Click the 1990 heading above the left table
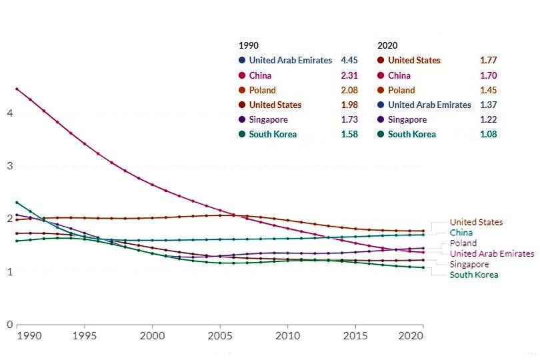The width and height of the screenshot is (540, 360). pyautogui.click(x=248, y=45)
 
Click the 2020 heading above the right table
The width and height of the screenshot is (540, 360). pyautogui.click(x=387, y=45)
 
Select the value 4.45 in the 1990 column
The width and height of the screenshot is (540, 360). pyautogui.click(x=349, y=60)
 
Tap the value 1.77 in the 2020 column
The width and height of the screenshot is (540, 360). pyautogui.click(x=488, y=60)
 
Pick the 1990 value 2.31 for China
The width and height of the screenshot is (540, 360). pyautogui.click(x=349, y=75)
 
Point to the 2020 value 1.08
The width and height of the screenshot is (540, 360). pyautogui.click(x=488, y=135)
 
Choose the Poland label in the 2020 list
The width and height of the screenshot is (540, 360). pyautogui.click(x=401, y=90)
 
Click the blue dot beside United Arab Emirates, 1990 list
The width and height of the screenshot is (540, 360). pyautogui.click(x=241, y=60)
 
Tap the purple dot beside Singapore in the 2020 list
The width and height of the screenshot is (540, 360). pyautogui.click(x=381, y=120)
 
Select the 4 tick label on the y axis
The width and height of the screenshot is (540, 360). pyautogui.click(x=9, y=113)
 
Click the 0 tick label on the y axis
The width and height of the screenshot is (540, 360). pyautogui.click(x=9, y=325)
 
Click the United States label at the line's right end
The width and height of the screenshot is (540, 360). pyautogui.click(x=476, y=222)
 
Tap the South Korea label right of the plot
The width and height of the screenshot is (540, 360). pyautogui.click(x=473, y=275)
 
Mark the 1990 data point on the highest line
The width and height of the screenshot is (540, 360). pyautogui.click(x=17, y=89)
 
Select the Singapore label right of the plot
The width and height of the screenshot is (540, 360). pyautogui.click(x=470, y=264)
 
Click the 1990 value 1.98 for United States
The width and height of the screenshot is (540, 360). pyautogui.click(x=349, y=105)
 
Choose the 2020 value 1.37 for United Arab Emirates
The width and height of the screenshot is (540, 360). pyautogui.click(x=488, y=105)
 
